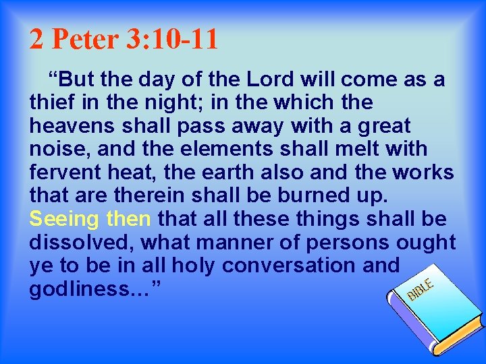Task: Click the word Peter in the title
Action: click(85, 40)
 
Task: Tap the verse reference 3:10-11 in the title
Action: click(171, 40)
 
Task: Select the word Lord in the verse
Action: click(267, 80)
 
